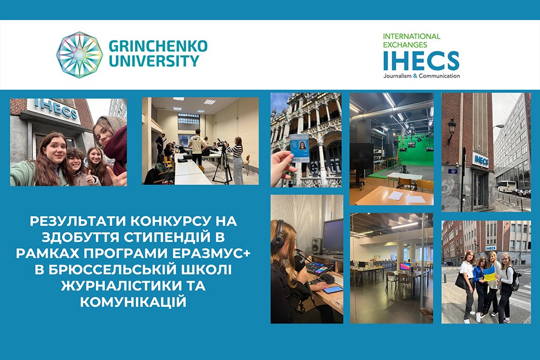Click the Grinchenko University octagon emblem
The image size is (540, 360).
pos(80,55)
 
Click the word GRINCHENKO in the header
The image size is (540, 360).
pos(158,46)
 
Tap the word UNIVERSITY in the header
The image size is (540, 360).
pos(154,61)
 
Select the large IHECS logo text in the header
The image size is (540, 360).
pos(421,61)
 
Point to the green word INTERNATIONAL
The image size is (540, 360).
pos(411,36)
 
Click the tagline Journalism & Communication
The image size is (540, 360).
pos(421,76)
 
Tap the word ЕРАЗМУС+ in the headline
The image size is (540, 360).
pos(211,254)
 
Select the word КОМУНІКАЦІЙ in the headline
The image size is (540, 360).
pos(133,302)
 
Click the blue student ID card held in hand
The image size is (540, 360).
pos(299,148)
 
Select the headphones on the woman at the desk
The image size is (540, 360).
pos(278,236)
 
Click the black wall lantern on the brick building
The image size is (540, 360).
pos(451,130)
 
